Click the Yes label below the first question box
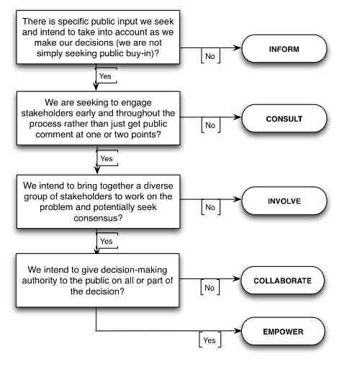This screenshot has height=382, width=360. [x=104, y=76]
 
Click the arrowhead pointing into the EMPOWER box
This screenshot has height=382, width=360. [x=239, y=332]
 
